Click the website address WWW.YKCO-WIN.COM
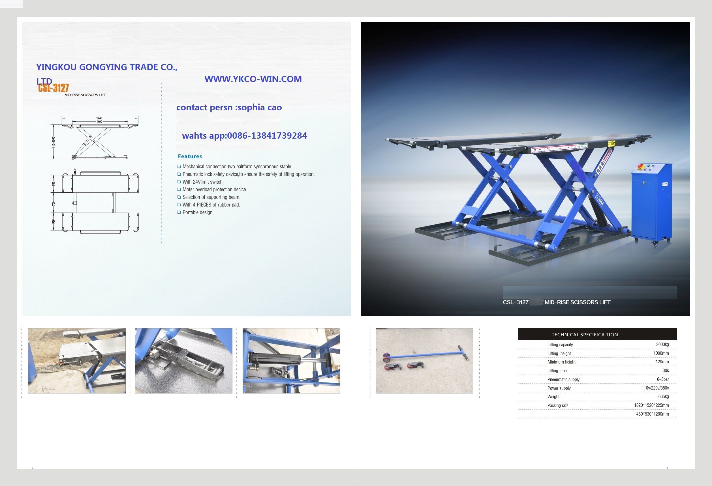(253, 79)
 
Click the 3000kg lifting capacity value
(662, 344)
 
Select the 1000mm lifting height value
(661, 353)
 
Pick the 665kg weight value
(663, 397)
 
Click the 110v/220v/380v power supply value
(655, 388)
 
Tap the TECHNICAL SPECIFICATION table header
(585, 334)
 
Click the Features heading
(190, 156)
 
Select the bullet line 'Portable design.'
(198, 212)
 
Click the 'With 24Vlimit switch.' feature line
(203, 182)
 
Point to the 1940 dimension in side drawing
(99, 118)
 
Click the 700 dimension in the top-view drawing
(54, 203)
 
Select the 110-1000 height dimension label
(54, 142)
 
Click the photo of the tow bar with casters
(424, 361)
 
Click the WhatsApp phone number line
(244, 136)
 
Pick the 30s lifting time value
(666, 371)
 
